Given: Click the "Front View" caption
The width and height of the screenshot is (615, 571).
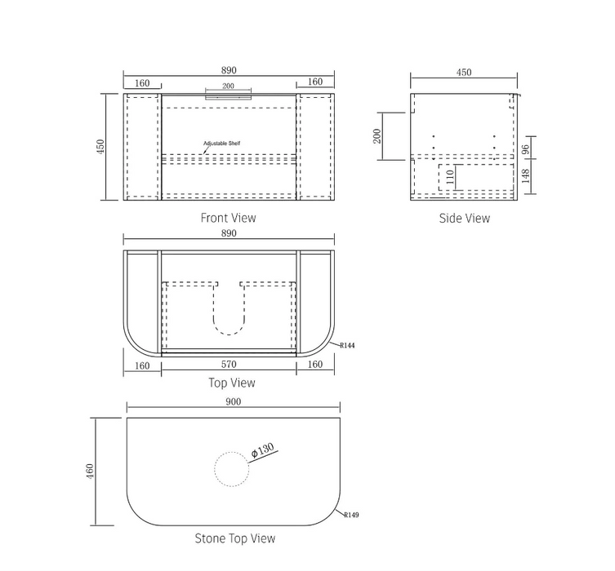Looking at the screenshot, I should tap(228, 218).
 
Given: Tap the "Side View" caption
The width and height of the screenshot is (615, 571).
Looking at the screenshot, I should tap(464, 218).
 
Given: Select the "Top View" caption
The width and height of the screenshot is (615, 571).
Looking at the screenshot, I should tap(232, 383).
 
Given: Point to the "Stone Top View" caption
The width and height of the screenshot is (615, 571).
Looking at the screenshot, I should tap(234, 538).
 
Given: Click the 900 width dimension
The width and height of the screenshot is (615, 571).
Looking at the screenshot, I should tap(234, 401).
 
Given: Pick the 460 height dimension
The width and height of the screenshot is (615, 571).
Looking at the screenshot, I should tap(90, 472).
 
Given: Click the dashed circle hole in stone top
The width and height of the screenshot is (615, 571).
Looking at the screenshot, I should tap(232, 471).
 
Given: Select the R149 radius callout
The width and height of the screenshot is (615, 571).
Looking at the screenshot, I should tap(351, 516).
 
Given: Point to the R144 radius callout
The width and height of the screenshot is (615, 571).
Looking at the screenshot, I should tap(347, 346).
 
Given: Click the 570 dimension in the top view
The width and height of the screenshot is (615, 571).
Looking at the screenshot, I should tap(229, 365).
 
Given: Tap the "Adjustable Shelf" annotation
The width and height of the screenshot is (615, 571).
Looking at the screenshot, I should tap(221, 144).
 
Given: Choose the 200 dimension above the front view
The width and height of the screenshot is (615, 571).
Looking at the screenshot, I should tap(228, 86).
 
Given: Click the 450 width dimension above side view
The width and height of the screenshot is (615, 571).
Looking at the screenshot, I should tap(463, 73).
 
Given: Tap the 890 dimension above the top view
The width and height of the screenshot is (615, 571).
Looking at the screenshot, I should tap(229, 233).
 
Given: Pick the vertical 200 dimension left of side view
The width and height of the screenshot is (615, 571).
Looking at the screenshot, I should tap(377, 135).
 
